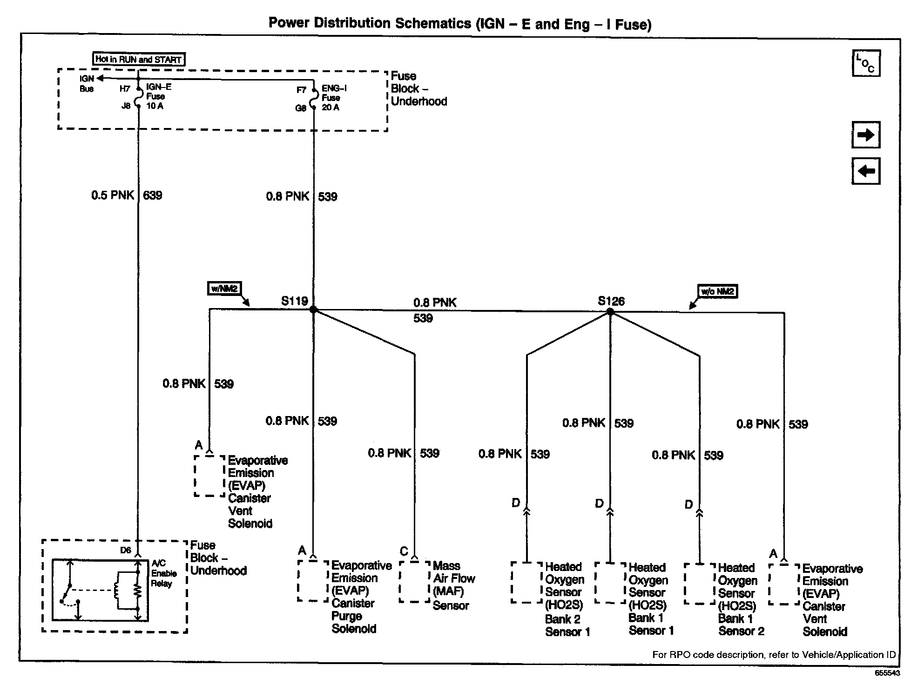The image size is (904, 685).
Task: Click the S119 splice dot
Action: [x=313, y=309]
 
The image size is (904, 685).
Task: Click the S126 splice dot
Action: [x=610, y=312]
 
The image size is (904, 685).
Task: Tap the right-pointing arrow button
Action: [x=866, y=135]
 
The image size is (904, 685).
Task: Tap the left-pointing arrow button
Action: [x=866, y=171]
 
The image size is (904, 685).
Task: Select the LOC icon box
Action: [x=866, y=63]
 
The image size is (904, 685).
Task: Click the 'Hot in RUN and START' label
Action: [x=138, y=60]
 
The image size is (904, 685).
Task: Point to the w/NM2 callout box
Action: [x=225, y=289]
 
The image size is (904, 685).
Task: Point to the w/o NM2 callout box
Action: [x=717, y=291]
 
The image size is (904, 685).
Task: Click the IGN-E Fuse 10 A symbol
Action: [x=138, y=97]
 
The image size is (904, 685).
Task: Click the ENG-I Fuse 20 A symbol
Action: [x=314, y=98]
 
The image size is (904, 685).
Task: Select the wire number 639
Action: [x=153, y=195]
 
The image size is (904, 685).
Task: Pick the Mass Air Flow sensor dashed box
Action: [x=414, y=582]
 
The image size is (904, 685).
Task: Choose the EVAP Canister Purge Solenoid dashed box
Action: [x=313, y=581]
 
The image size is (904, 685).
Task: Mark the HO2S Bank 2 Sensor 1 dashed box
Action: [x=526, y=583]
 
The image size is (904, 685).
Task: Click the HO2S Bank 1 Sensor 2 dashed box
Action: [x=699, y=584]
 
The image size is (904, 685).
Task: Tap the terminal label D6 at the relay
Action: [x=126, y=551]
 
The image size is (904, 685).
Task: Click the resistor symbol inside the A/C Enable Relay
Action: [x=138, y=591]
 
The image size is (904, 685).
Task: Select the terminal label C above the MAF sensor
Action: [x=404, y=552]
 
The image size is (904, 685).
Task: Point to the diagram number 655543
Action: [x=886, y=673]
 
